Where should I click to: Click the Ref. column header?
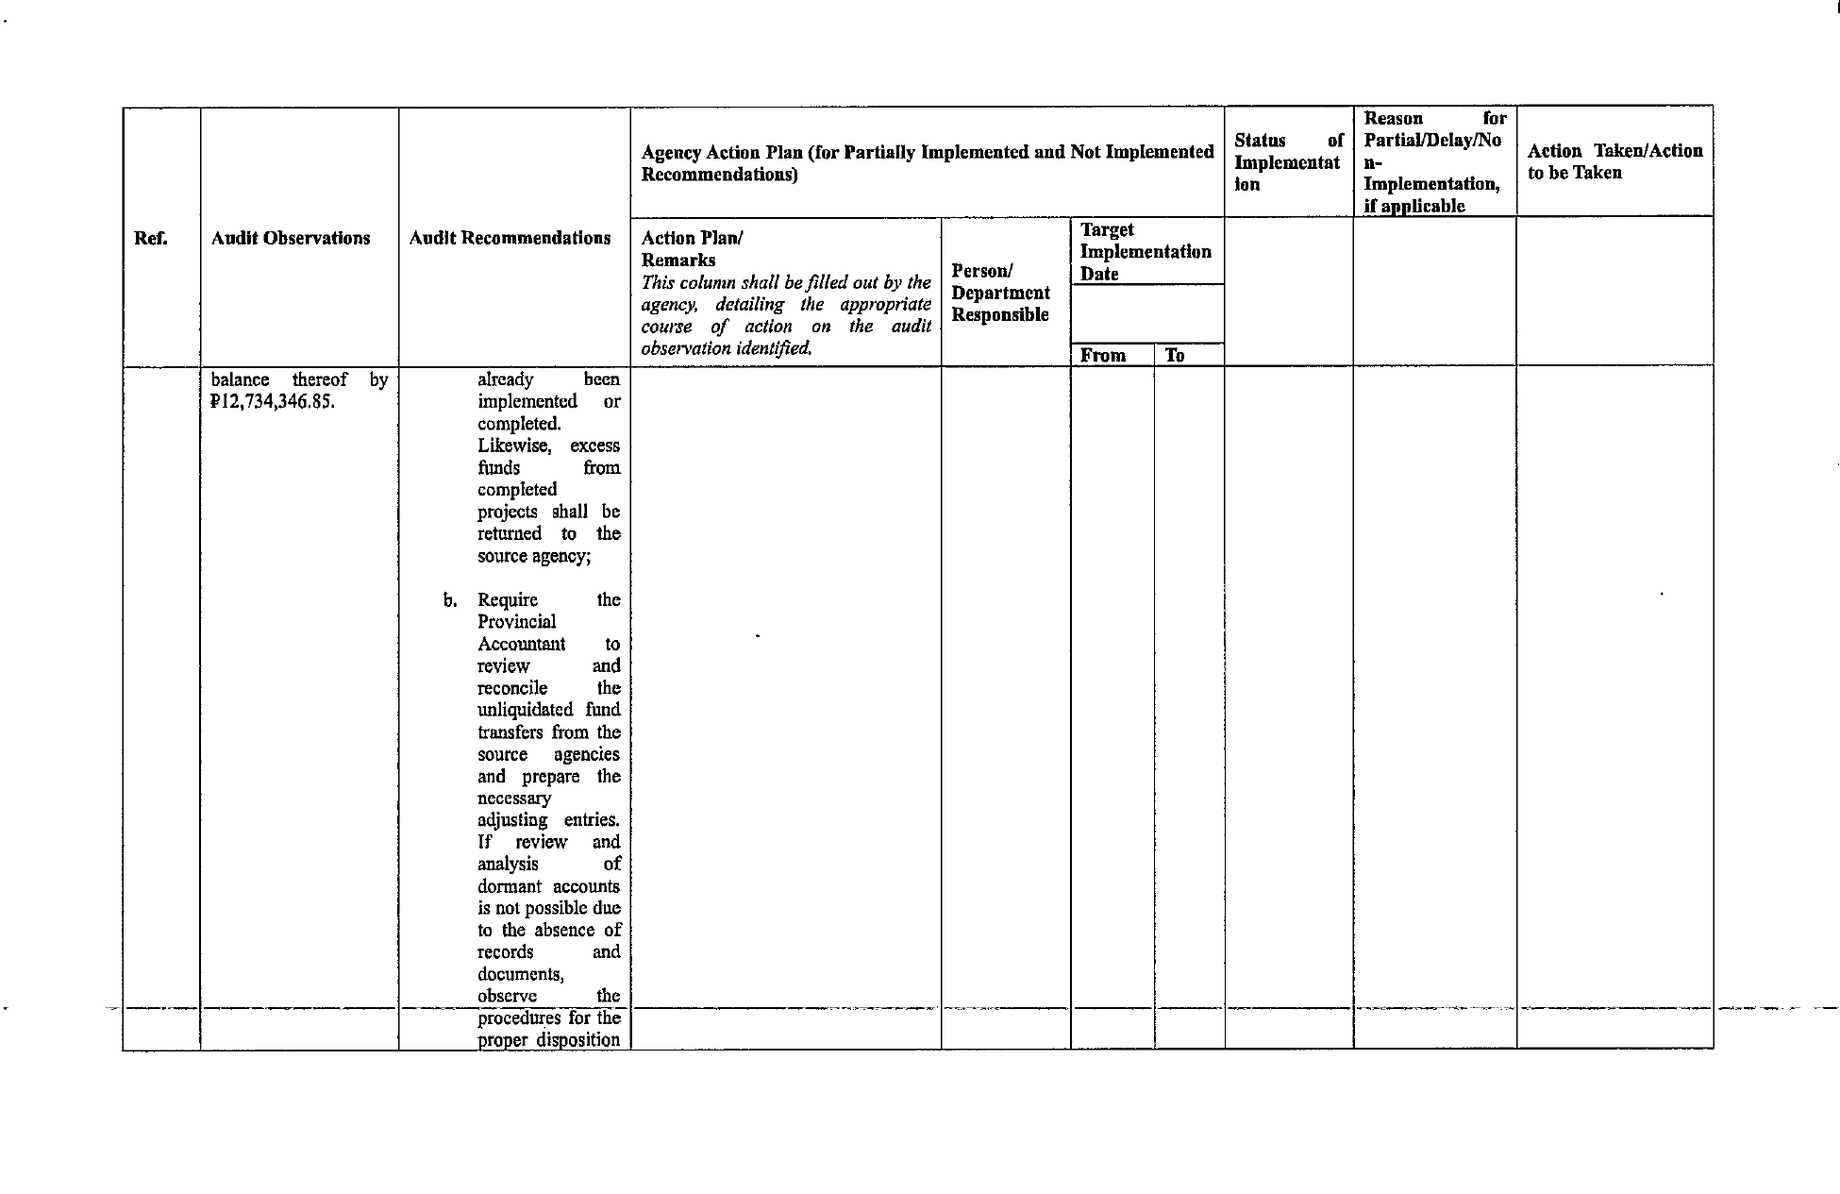[x=151, y=238]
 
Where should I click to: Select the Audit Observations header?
[x=291, y=238]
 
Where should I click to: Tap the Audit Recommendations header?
[x=510, y=238]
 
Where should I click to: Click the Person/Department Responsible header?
[x=1000, y=293]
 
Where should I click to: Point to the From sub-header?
[x=1103, y=356]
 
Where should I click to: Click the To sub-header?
[x=1175, y=356]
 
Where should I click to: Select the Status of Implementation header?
[x=1288, y=162]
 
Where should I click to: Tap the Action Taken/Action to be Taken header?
[x=1614, y=161]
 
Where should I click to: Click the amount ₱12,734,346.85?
[x=273, y=402]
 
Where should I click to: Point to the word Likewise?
[x=514, y=446]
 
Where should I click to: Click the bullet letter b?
[x=450, y=600]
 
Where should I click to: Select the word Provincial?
[x=516, y=622]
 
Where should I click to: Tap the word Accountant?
[x=521, y=644]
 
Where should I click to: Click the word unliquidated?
[x=525, y=710]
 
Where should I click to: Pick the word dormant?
[x=510, y=886]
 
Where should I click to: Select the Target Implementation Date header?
[x=1146, y=252]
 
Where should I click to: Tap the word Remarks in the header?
[x=678, y=261]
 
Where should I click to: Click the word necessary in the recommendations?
[x=514, y=799]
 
